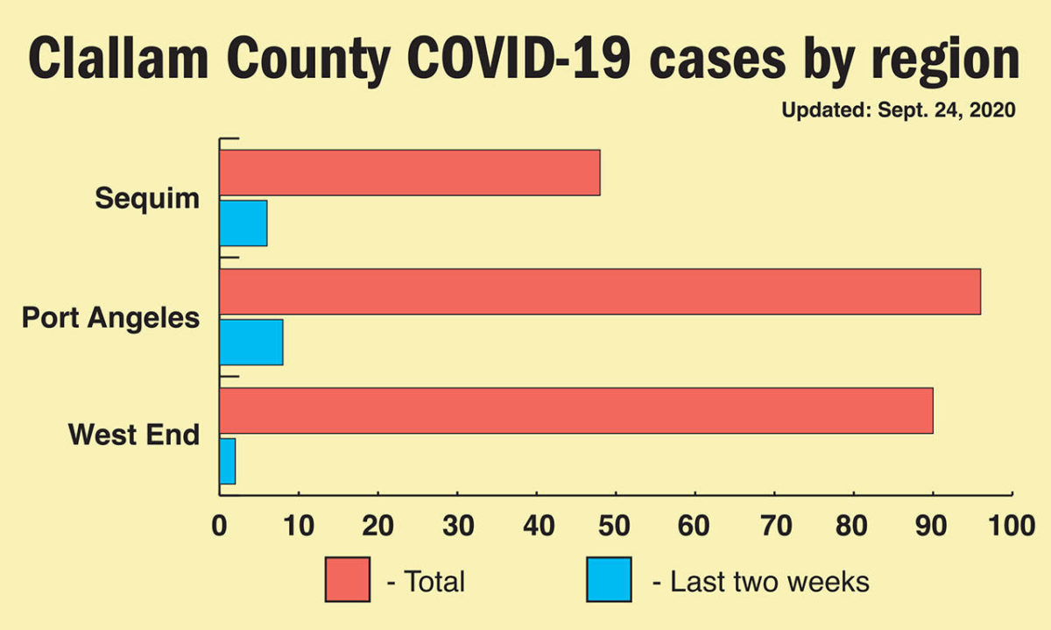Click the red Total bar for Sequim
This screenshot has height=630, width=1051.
click(x=409, y=173)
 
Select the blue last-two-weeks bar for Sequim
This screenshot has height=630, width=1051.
click(x=243, y=223)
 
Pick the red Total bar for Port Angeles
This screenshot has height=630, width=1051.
click(x=599, y=292)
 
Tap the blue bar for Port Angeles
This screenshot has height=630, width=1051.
click(x=250, y=342)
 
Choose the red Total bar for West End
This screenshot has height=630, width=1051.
click(x=575, y=410)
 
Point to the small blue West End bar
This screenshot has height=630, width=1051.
click(x=227, y=461)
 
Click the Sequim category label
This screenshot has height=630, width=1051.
click(x=147, y=198)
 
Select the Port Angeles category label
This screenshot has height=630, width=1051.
click(x=110, y=317)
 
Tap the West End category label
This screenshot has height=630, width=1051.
click(x=134, y=434)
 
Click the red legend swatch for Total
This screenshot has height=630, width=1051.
click(x=347, y=579)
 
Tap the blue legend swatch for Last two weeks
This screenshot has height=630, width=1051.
click(x=609, y=579)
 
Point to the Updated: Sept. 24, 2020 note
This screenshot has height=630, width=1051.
click(x=898, y=111)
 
